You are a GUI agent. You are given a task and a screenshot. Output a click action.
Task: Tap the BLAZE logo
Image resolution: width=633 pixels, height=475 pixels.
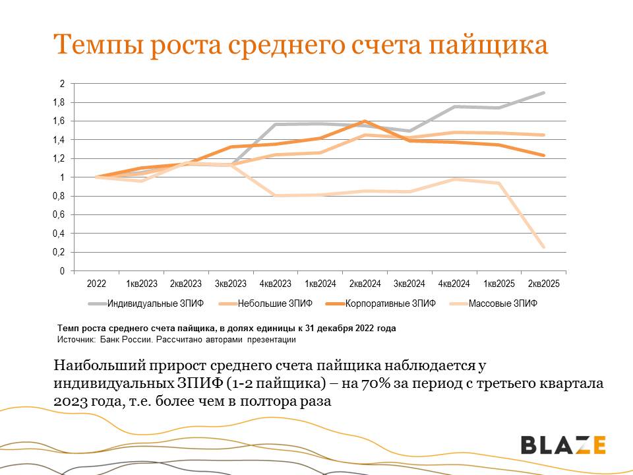point(563,445)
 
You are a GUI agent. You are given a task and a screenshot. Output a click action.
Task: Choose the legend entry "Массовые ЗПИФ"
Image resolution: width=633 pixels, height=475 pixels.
point(502,303)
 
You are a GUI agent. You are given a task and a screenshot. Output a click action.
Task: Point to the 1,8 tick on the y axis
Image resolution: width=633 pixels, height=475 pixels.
point(60,102)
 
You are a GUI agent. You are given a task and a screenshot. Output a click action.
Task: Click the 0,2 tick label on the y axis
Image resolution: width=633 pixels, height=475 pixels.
point(60,252)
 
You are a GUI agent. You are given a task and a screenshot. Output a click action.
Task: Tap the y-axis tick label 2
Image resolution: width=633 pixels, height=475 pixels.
point(62,84)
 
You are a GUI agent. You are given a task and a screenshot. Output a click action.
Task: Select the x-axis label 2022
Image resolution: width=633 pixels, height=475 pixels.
point(96,284)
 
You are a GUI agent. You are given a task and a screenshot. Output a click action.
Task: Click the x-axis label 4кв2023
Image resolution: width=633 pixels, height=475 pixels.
point(275,284)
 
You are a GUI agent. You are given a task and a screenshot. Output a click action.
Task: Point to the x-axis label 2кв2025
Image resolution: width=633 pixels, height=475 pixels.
point(543,284)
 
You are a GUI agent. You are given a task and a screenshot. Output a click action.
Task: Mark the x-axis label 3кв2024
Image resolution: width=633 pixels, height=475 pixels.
point(409,284)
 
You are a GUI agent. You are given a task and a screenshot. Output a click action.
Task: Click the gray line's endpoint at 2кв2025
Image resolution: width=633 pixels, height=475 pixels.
point(544,93)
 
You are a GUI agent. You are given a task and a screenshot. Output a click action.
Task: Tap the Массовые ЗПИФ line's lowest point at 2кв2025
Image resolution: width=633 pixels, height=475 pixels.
point(544,247)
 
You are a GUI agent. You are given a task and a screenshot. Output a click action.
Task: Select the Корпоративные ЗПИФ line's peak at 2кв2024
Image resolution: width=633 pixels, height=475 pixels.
point(365,121)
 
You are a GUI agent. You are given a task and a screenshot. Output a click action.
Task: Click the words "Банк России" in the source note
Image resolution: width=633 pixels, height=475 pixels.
point(123,340)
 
